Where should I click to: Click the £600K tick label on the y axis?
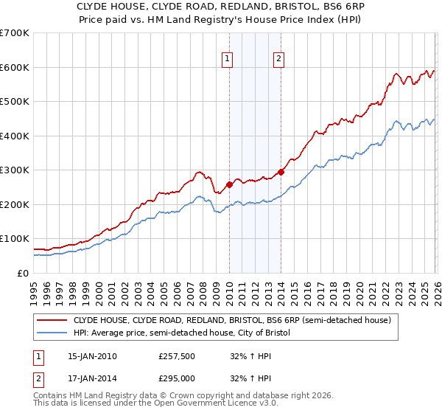coord(15,67)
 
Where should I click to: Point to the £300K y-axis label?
coord(15,170)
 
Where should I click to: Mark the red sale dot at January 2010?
coord(229,184)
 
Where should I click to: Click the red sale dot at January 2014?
coord(281,172)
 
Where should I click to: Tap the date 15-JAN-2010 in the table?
coord(92,356)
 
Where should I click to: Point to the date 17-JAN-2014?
coord(92,378)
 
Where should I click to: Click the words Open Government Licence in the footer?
coord(214,405)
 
